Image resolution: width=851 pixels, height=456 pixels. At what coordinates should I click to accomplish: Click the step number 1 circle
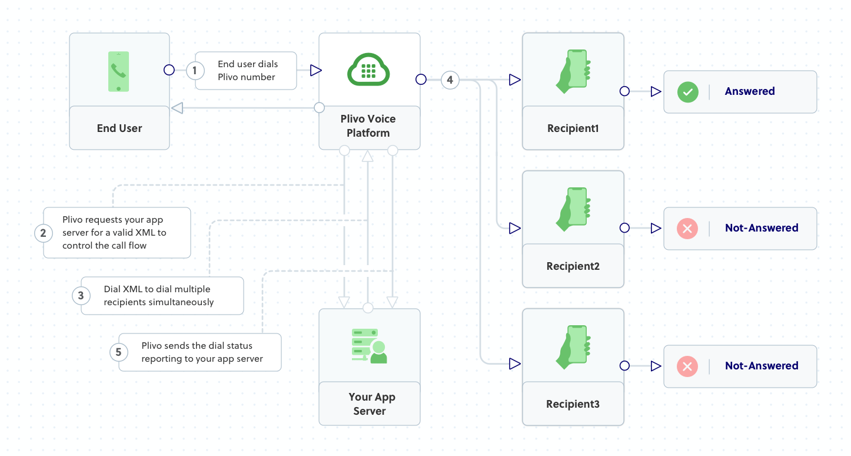click(195, 71)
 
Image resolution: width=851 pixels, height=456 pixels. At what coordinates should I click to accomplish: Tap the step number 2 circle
click(43, 233)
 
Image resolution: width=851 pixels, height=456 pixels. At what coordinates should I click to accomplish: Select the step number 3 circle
click(81, 296)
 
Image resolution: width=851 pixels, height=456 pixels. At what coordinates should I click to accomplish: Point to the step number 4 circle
click(450, 80)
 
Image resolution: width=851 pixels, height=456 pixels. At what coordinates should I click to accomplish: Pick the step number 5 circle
click(119, 352)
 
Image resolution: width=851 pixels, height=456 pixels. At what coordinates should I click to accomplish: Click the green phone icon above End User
click(119, 71)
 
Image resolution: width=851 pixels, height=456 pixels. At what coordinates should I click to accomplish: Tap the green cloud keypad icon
click(369, 70)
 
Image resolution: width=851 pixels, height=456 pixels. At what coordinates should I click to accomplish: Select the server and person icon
click(369, 346)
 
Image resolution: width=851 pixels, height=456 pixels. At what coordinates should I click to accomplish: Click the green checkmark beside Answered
click(687, 92)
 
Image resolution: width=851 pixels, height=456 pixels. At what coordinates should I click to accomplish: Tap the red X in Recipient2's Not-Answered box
click(687, 229)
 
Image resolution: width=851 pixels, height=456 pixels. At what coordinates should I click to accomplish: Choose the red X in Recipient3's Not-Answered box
click(687, 366)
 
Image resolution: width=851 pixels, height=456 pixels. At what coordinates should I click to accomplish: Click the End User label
click(119, 128)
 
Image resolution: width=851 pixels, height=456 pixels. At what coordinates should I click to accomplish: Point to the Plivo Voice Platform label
click(368, 126)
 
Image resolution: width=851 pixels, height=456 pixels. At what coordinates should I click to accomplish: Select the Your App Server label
click(370, 404)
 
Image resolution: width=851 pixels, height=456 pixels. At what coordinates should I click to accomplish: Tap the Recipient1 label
click(573, 128)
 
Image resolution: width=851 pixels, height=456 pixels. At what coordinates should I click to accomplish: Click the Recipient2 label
click(573, 266)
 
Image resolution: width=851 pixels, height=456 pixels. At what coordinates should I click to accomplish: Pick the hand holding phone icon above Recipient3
click(573, 347)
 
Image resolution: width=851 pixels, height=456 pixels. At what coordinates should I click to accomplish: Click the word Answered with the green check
click(749, 91)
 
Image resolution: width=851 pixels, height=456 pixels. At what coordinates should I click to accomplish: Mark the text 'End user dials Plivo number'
click(247, 71)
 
